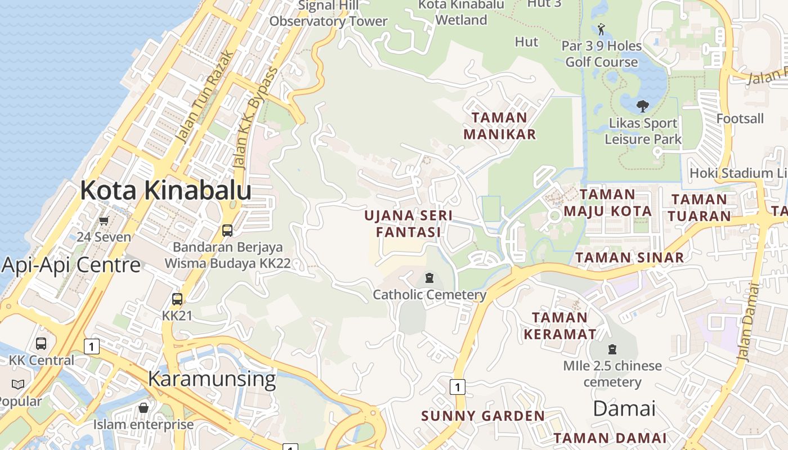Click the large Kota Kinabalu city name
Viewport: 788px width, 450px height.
point(165,191)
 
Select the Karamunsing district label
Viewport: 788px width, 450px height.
point(212,379)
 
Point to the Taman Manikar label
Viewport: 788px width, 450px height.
point(499,126)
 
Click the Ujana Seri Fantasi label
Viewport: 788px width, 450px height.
point(408,223)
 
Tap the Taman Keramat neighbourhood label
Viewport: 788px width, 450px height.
point(559,325)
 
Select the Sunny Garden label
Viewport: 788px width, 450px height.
point(483,416)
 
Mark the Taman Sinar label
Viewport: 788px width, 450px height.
point(629,258)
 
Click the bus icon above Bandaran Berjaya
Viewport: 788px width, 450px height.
point(227,230)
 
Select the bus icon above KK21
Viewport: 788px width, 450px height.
point(177,299)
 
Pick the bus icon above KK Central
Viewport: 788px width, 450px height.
point(41,343)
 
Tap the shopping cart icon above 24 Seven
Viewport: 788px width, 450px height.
point(104,220)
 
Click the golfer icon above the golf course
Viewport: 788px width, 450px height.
point(601,29)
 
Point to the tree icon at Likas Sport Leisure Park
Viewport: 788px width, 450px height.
point(642,105)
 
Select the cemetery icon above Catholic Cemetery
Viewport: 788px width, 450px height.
point(429,278)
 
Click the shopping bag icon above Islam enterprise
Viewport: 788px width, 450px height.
point(144,407)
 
